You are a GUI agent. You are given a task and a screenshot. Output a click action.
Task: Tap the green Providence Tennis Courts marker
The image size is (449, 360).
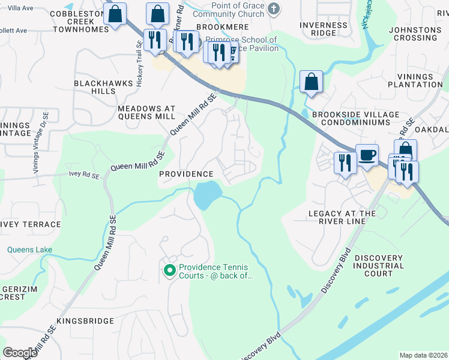169,271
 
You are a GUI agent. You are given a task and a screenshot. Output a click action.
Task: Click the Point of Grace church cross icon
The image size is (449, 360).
274,8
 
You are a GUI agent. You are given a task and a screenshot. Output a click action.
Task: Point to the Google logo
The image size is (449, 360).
20,353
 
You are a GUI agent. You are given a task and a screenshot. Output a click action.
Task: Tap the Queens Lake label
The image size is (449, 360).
29,250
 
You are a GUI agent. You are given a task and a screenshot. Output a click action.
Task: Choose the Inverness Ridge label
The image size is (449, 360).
325,28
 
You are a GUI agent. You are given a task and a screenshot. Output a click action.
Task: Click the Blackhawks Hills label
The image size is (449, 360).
94,86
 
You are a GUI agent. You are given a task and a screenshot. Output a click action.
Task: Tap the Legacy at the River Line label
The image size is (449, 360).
342,217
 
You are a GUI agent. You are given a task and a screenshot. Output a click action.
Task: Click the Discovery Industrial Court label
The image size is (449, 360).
379,265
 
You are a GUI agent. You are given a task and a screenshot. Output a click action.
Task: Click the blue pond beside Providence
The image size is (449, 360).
205,194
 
